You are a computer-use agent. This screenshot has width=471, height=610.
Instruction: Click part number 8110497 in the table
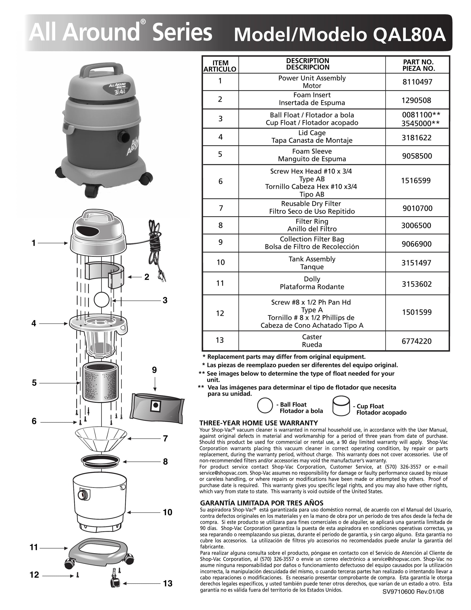pos(417,82)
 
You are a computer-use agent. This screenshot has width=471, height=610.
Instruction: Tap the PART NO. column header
pos(418,65)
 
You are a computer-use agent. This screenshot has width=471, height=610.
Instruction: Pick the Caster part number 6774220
pos(417,341)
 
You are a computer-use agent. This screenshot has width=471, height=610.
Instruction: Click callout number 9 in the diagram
pos(154,370)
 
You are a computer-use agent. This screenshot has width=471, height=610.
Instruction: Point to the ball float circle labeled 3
pos(101,300)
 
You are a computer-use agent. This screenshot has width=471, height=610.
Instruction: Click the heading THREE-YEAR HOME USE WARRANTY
pos(259,423)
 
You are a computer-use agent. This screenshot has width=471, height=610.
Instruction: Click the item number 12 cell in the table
pos(220,313)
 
